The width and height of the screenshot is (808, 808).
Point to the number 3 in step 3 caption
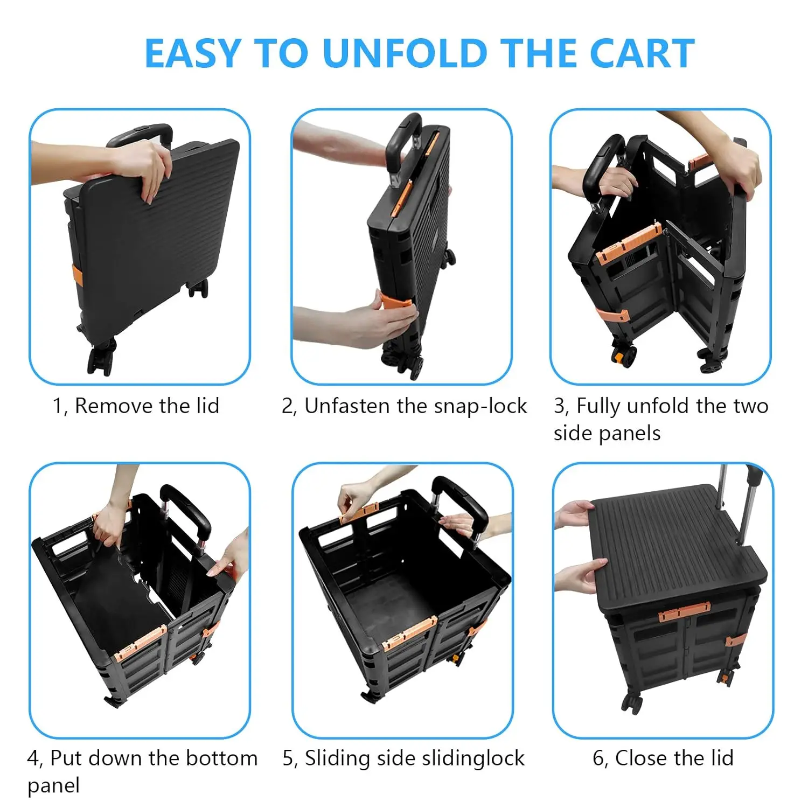coord(560,406)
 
